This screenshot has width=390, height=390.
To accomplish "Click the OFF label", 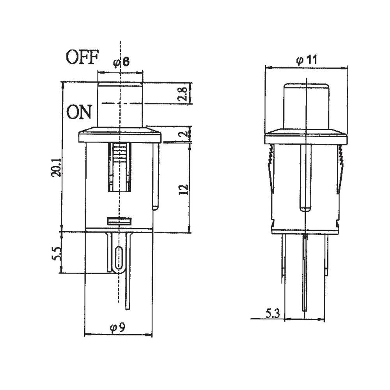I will (x=82, y=57).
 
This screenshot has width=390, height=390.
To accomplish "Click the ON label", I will (x=79, y=112).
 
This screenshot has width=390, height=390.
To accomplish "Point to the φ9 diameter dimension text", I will (x=117, y=328).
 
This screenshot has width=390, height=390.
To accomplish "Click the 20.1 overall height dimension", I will (x=55, y=168).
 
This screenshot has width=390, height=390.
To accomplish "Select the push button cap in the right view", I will (x=305, y=105).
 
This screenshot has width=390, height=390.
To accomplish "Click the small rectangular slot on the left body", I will (x=119, y=221).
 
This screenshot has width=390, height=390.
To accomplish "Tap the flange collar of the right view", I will (x=305, y=136).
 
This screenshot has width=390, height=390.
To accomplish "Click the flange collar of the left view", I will (x=120, y=136).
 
